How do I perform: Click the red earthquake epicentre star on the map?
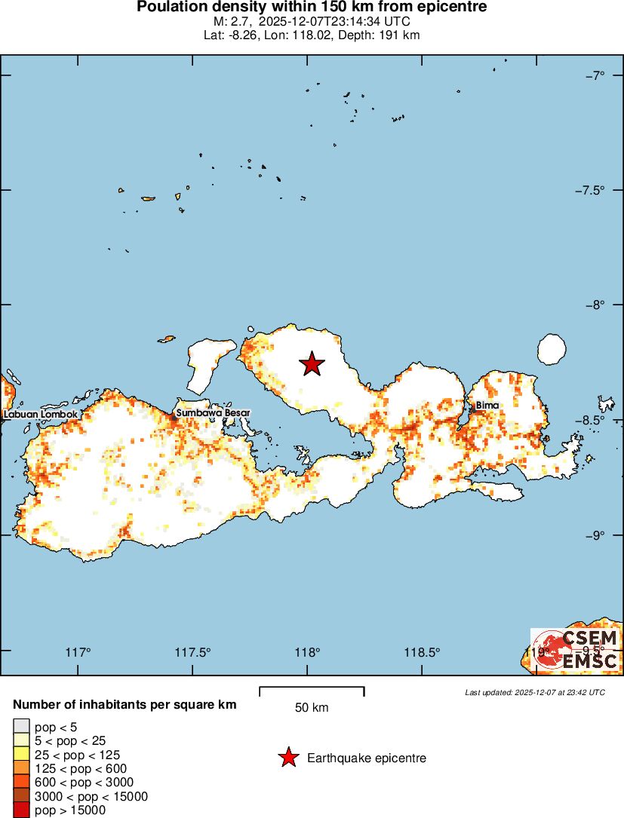click(x=312, y=364)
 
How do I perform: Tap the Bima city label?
click(x=487, y=406)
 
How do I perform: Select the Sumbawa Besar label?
click(x=213, y=413)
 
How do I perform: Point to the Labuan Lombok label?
click(x=40, y=414)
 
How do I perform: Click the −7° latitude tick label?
click(x=595, y=75)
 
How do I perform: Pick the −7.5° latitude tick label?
click(x=589, y=190)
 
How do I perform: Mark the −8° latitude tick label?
click(x=595, y=305)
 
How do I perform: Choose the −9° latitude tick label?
click(x=595, y=535)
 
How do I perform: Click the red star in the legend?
click(x=287, y=758)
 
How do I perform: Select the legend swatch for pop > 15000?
click(x=21, y=810)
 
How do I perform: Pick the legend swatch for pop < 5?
click(x=21, y=727)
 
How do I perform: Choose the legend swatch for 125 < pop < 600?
click(x=21, y=769)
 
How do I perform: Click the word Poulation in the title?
click(x=171, y=8)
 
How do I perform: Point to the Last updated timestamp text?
click(x=534, y=692)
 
